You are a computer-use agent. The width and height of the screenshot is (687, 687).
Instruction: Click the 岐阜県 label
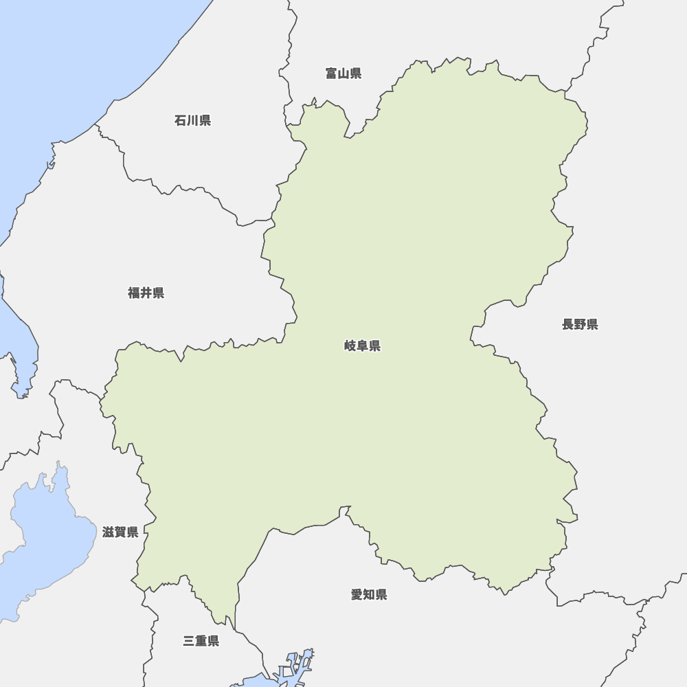(x=362, y=346)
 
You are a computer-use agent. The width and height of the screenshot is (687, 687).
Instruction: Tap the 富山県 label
(x=343, y=73)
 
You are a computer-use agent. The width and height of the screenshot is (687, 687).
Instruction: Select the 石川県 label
(x=192, y=120)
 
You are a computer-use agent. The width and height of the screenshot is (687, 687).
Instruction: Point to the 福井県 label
(x=146, y=293)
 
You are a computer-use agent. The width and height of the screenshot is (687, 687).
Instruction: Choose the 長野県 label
(x=580, y=324)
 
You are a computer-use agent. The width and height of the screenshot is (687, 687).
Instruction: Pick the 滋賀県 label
(x=120, y=532)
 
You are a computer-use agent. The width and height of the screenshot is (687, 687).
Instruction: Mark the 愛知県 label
(x=369, y=594)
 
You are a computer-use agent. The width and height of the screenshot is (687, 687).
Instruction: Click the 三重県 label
(x=201, y=641)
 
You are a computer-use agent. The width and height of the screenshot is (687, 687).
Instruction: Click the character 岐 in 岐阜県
(x=350, y=346)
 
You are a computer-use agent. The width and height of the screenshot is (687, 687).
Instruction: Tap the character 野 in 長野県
(x=580, y=324)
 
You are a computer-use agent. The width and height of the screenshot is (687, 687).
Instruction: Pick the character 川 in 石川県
(x=192, y=120)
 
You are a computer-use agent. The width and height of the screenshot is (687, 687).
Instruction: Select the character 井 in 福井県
(x=146, y=293)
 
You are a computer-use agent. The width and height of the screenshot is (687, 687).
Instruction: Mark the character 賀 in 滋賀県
(x=120, y=532)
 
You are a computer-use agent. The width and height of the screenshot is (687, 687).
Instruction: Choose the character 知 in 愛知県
(x=369, y=594)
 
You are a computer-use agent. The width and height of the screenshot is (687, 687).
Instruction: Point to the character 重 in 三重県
(x=201, y=641)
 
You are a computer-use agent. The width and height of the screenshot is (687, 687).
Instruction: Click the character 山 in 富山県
(x=343, y=73)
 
